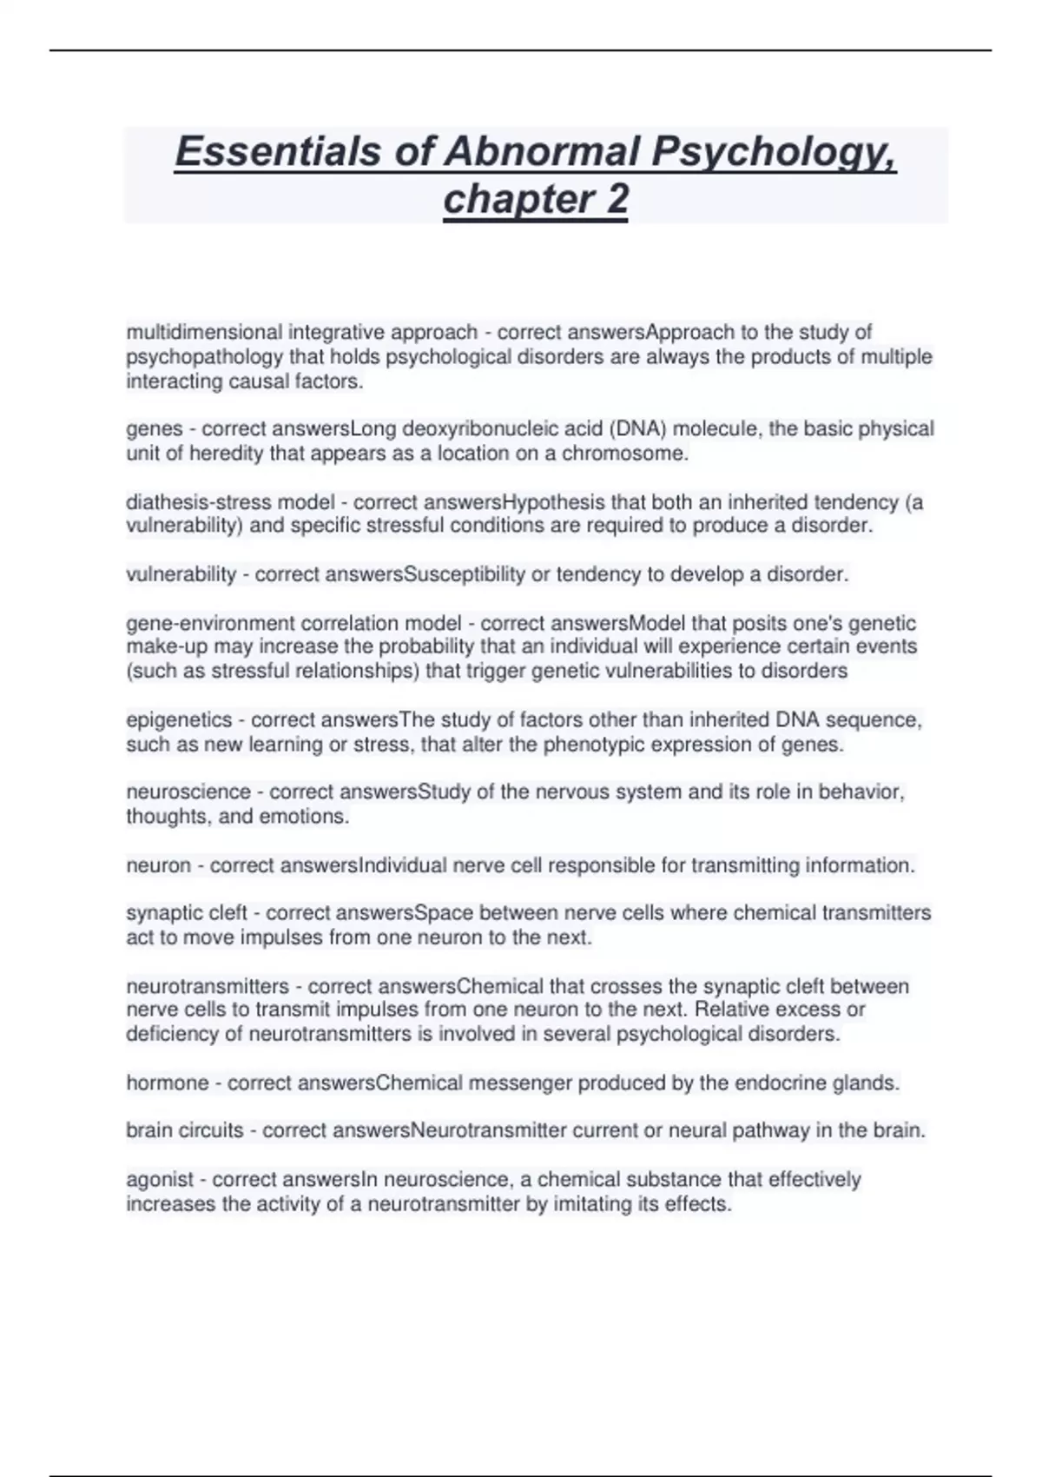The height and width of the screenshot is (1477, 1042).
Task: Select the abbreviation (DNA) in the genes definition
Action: click(x=637, y=429)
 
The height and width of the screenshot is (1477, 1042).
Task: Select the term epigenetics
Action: click(x=179, y=720)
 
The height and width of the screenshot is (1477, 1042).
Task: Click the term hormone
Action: click(x=167, y=1083)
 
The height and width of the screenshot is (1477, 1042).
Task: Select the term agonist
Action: click(x=160, y=1180)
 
